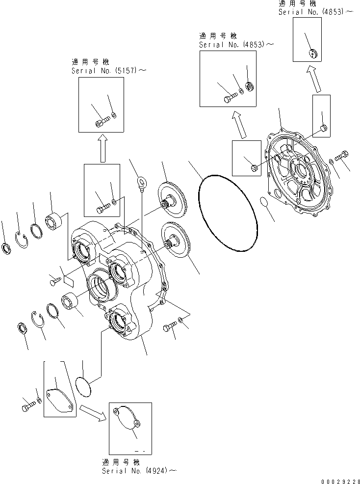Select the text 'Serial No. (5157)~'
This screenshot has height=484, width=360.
108,70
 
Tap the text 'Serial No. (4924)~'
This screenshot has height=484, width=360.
138,471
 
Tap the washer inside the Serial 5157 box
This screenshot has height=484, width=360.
114,116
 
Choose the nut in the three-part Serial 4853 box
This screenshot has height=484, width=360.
249,87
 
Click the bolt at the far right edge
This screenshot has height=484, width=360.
342,155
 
